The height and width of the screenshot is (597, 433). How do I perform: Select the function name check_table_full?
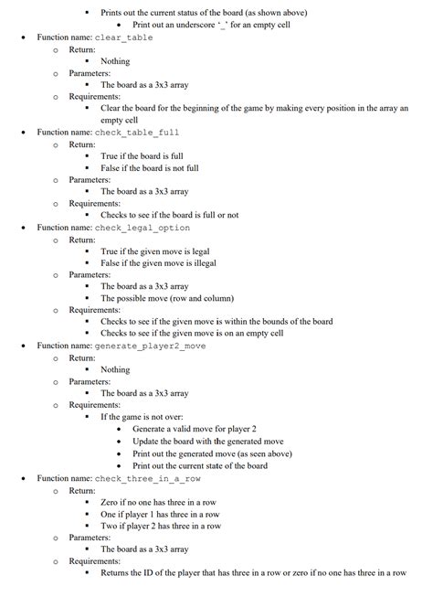click(137, 133)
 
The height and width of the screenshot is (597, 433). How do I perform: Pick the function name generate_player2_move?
click(150, 346)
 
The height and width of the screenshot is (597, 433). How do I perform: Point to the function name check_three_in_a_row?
click(148, 478)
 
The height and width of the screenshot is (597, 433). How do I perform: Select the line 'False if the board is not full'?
click(149, 168)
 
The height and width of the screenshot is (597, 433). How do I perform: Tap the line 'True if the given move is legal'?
click(154, 251)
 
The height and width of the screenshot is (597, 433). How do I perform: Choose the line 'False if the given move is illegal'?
click(158, 263)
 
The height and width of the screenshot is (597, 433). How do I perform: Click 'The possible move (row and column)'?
click(166, 298)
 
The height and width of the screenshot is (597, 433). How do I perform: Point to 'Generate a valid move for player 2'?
click(195, 429)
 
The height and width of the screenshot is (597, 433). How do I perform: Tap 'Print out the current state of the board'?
click(200, 465)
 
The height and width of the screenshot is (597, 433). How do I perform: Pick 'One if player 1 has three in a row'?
click(160, 514)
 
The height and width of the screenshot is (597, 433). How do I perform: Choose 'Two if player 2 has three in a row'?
click(161, 526)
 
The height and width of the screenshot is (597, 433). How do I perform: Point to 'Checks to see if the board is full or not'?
click(169, 215)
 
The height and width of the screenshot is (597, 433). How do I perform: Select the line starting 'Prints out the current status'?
click(204, 13)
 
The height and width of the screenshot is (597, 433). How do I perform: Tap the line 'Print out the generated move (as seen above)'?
click(212, 453)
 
